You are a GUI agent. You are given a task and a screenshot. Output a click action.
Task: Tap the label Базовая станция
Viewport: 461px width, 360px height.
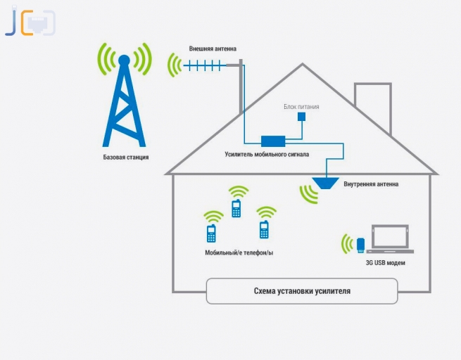(126, 157)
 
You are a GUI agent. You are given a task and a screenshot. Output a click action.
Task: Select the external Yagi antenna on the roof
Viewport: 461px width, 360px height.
(204, 66)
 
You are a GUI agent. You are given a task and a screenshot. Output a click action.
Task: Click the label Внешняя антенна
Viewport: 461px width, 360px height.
(213, 49)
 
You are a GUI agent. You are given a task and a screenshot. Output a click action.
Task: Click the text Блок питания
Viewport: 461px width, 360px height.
(301, 107)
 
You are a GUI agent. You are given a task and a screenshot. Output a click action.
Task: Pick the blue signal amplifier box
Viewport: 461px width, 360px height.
(272, 141)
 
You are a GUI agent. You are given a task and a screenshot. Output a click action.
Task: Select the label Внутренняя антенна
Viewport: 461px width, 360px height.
(371, 184)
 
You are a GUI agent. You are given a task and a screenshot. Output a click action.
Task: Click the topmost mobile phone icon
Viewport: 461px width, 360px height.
(236, 208)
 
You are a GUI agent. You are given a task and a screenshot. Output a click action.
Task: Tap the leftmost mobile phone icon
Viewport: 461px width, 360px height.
(210, 233)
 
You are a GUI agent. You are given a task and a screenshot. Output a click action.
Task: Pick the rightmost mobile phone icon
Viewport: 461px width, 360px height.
(264, 230)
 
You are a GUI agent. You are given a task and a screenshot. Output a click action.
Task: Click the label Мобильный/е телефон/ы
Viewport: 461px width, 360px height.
(239, 251)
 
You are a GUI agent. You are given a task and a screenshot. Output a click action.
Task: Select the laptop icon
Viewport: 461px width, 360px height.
(390, 239)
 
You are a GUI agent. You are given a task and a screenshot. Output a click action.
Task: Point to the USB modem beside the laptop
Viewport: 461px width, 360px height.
(360, 245)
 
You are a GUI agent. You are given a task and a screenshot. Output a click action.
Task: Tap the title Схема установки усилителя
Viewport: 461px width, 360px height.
(302, 290)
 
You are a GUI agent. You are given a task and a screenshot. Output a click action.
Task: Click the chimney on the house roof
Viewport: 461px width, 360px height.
(367, 98)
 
